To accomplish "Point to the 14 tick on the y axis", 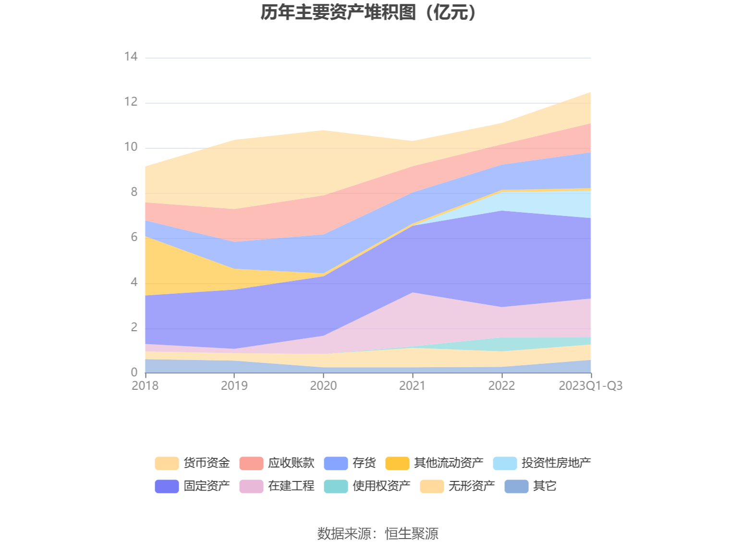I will click(131, 57).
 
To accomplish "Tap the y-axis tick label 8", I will click(134, 192).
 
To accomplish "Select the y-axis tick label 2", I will click(134, 327).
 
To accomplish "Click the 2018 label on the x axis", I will click(145, 385).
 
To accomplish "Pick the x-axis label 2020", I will click(323, 385).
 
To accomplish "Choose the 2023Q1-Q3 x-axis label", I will click(590, 385).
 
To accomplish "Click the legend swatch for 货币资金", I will click(167, 463).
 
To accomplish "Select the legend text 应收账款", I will click(291, 463).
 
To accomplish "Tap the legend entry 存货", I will click(364, 463).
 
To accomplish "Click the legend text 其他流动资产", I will click(449, 463).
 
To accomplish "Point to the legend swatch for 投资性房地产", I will click(505, 463).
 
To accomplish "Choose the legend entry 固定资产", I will click(207, 486).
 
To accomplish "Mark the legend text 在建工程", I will click(291, 486).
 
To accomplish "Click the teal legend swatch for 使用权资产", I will click(336, 486).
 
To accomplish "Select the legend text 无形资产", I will click(472, 486).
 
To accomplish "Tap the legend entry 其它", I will click(545, 486).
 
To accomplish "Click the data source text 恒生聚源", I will click(411, 533).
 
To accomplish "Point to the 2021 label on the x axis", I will click(412, 385).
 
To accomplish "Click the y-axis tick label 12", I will click(131, 102).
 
